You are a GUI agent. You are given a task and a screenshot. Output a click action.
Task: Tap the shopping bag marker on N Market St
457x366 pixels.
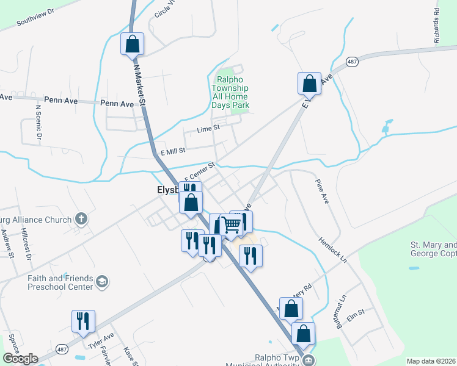(132, 44)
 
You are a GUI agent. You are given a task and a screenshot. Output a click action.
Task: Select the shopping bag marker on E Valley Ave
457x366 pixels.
(309, 84)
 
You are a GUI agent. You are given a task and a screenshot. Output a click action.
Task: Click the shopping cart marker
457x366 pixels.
(232, 224)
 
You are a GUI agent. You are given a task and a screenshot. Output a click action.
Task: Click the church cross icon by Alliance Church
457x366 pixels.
(81, 218)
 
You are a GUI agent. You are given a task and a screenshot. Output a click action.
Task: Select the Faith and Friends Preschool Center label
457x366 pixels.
(60, 282)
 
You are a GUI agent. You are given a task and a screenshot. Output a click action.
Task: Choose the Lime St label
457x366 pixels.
(208, 129)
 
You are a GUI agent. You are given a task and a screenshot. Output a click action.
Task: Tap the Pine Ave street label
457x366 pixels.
(322, 192)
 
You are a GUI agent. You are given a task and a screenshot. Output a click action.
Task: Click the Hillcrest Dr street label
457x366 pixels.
(26, 244)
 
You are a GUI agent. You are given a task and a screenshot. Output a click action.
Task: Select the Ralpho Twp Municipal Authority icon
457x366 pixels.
(310, 359)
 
